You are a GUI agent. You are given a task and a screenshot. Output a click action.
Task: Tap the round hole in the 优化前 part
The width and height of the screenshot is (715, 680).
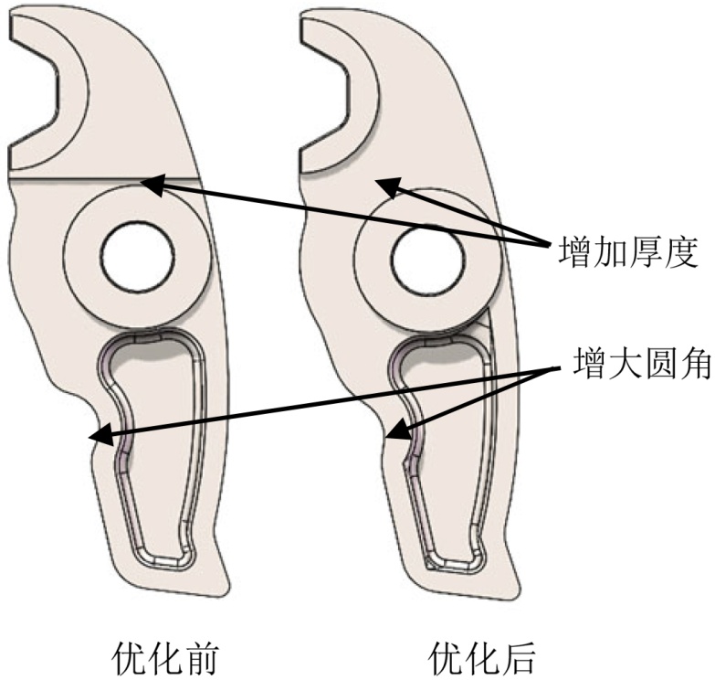coord(138,256)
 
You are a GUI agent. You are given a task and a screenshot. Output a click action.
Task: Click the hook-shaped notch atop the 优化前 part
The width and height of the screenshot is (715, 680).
coord(37,91)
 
